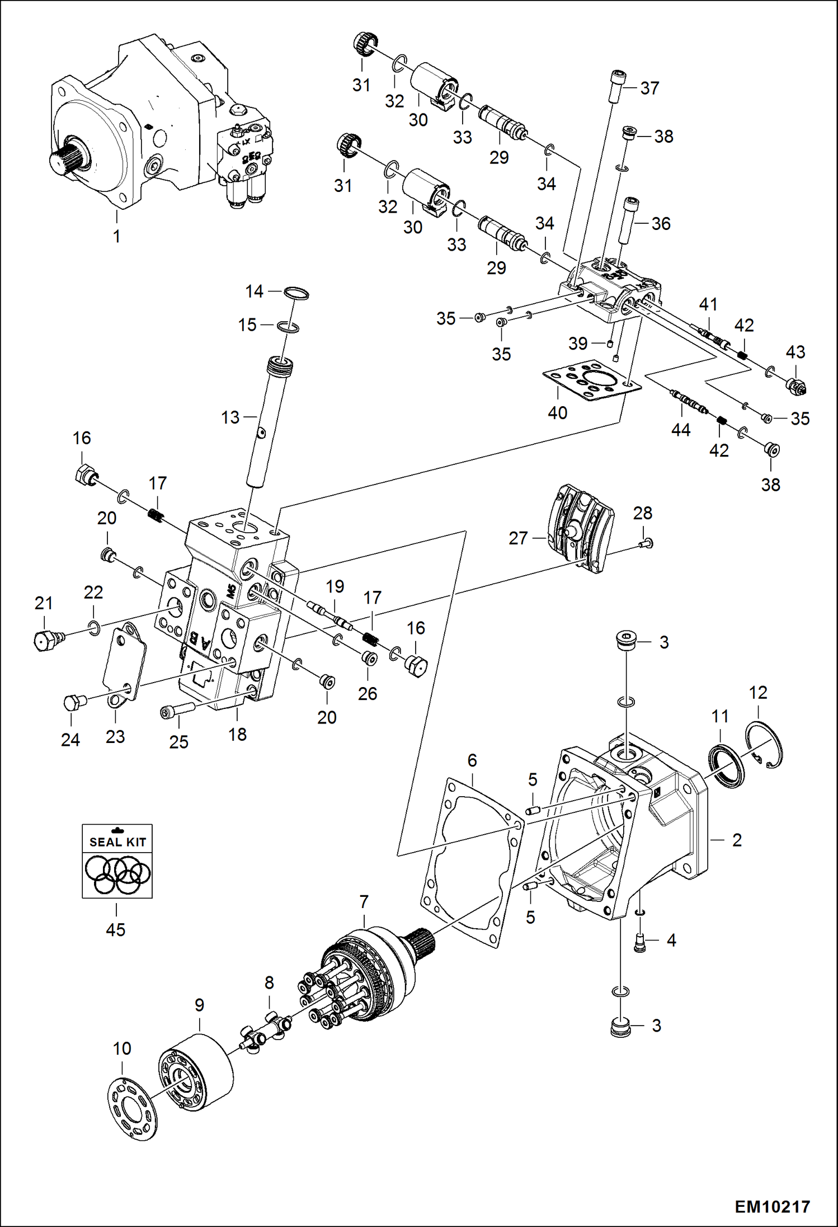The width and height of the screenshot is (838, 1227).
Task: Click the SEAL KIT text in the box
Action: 117,842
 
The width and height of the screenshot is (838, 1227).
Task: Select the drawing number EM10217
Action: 772,1206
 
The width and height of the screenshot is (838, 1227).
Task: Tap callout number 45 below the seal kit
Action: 116,929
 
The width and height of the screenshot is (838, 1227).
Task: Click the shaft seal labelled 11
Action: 726,765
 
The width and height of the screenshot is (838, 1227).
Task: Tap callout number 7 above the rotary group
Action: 364,902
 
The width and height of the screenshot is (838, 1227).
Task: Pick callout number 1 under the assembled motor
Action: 116,236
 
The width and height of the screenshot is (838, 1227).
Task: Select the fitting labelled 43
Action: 796,386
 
